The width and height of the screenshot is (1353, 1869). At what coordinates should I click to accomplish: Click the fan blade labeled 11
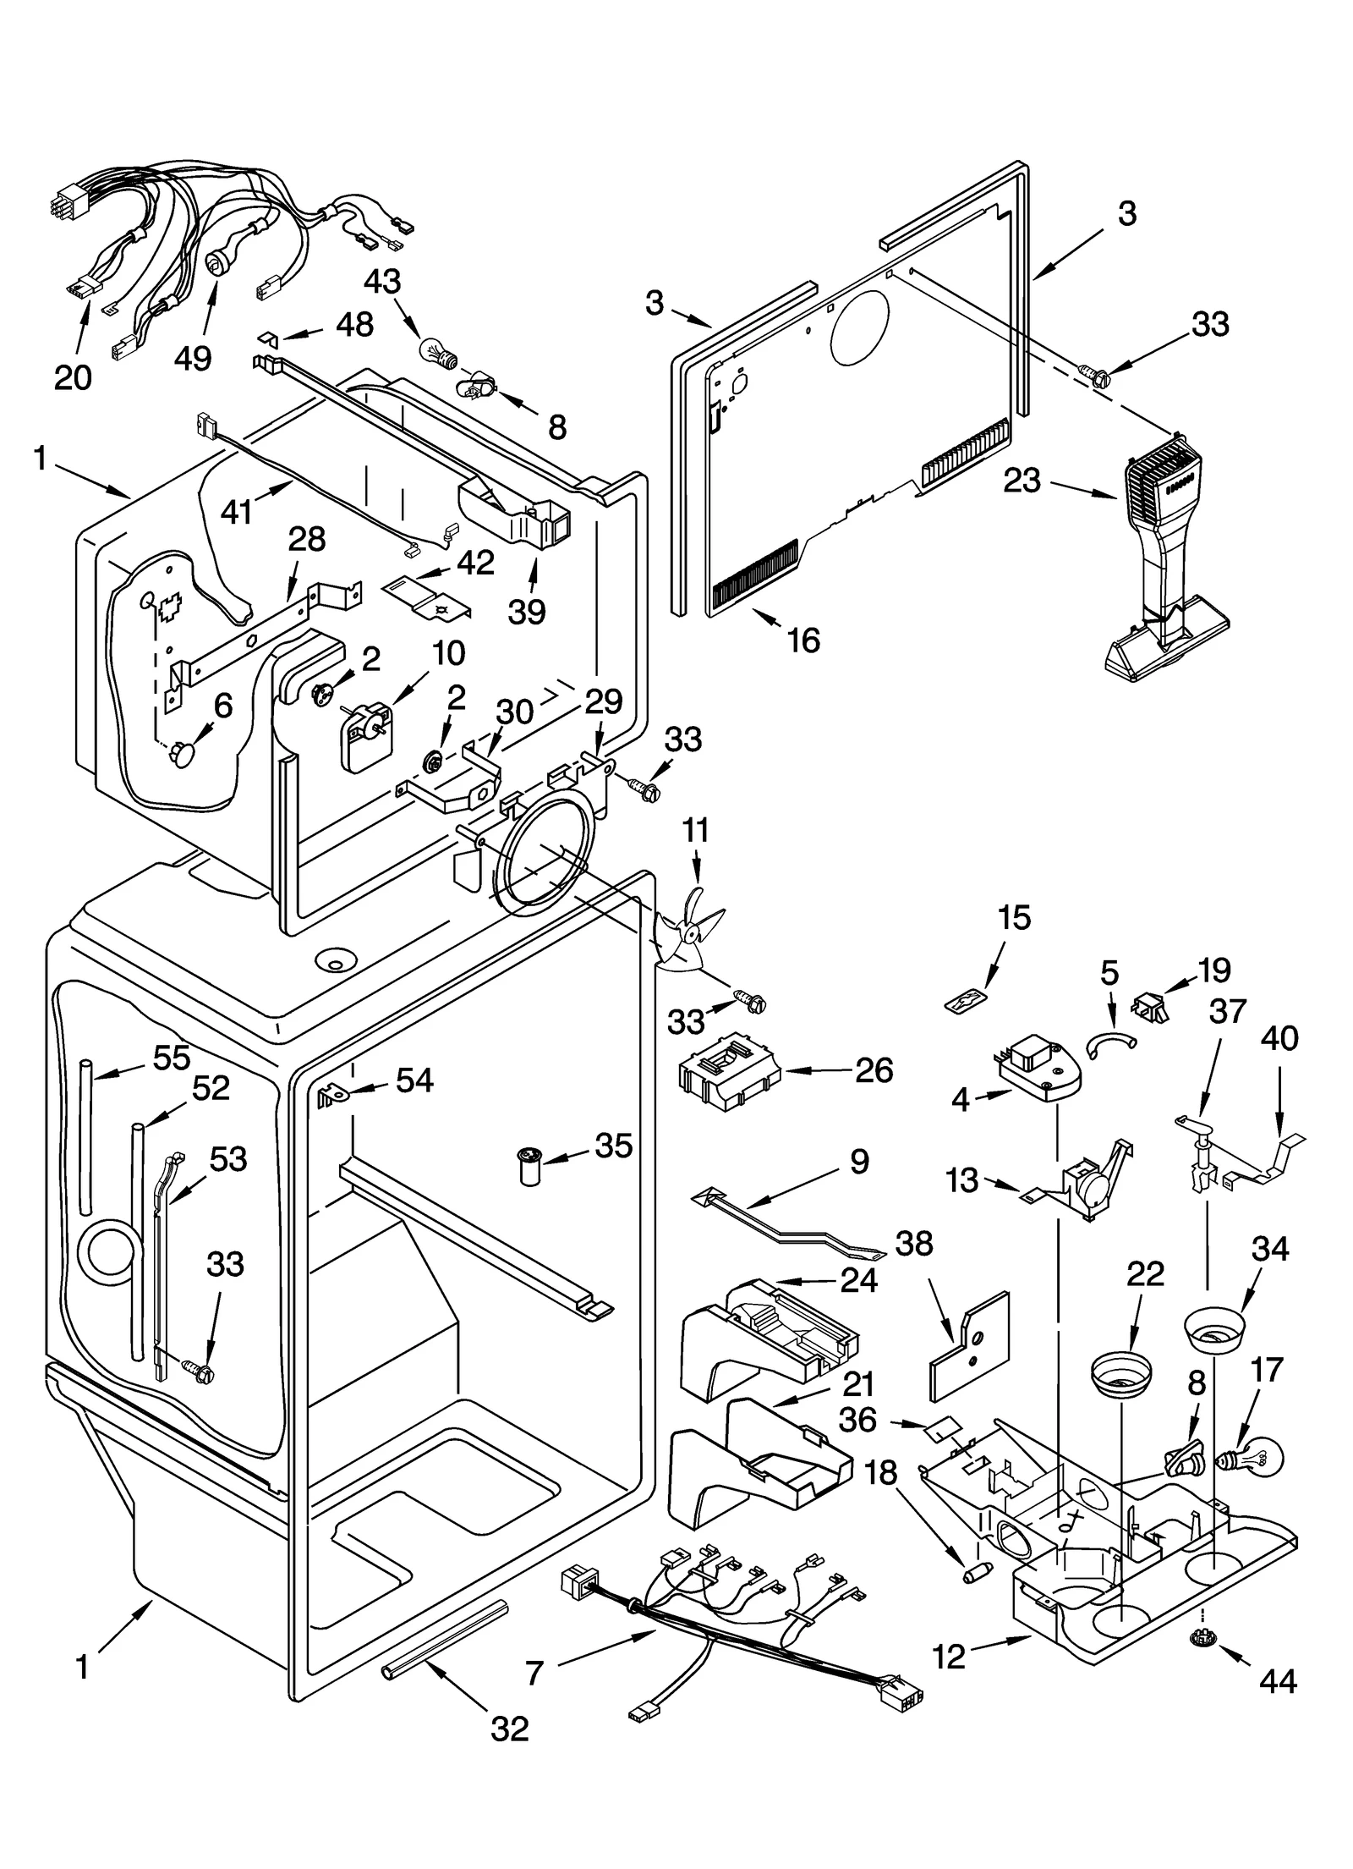tap(689, 936)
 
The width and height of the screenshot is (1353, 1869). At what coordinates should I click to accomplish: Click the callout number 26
tap(874, 1070)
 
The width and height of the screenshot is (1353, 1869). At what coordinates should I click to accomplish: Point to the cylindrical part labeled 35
tap(530, 1167)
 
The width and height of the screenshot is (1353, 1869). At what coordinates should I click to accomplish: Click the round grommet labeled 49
tap(218, 267)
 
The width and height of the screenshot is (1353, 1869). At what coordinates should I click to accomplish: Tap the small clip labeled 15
tap(967, 999)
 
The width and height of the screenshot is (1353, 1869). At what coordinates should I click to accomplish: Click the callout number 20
tap(73, 377)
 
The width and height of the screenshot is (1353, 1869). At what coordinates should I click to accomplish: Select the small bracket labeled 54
tap(331, 1097)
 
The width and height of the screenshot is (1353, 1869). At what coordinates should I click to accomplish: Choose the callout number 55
tap(171, 1058)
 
